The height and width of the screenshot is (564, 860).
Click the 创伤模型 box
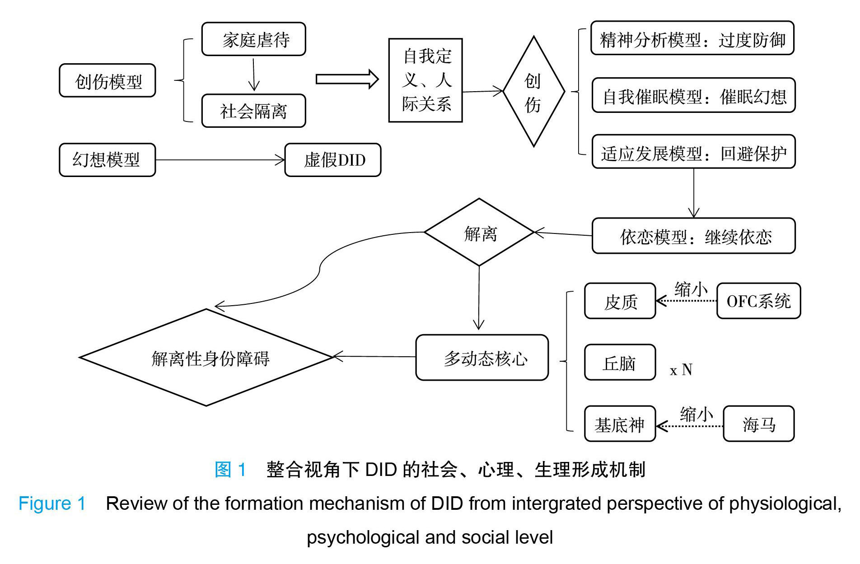click(107, 81)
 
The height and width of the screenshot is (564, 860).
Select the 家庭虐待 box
click(253, 39)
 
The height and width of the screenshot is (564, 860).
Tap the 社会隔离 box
click(253, 111)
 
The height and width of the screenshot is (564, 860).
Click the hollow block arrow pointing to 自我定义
click(347, 79)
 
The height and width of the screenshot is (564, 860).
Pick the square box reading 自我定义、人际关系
click(425, 80)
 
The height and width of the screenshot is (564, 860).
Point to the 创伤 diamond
click(533, 92)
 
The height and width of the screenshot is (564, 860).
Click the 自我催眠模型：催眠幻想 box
click(693, 95)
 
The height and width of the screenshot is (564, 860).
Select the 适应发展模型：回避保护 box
click(693, 152)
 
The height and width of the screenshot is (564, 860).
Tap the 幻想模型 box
click(107, 160)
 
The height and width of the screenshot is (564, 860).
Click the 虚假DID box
click(333, 160)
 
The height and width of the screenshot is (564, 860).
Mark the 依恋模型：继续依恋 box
click(693, 236)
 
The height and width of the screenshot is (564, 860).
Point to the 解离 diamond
click(479, 233)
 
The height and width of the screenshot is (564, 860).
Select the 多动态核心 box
click(482, 358)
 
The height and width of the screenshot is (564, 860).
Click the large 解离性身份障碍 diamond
click(206, 358)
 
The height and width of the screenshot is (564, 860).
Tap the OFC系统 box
click(758, 301)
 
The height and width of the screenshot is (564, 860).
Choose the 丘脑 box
click(620, 363)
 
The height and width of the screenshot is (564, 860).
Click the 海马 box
click(758, 424)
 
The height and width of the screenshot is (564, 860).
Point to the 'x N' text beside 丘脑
click(681, 370)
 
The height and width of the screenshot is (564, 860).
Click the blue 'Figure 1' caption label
click(52, 503)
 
